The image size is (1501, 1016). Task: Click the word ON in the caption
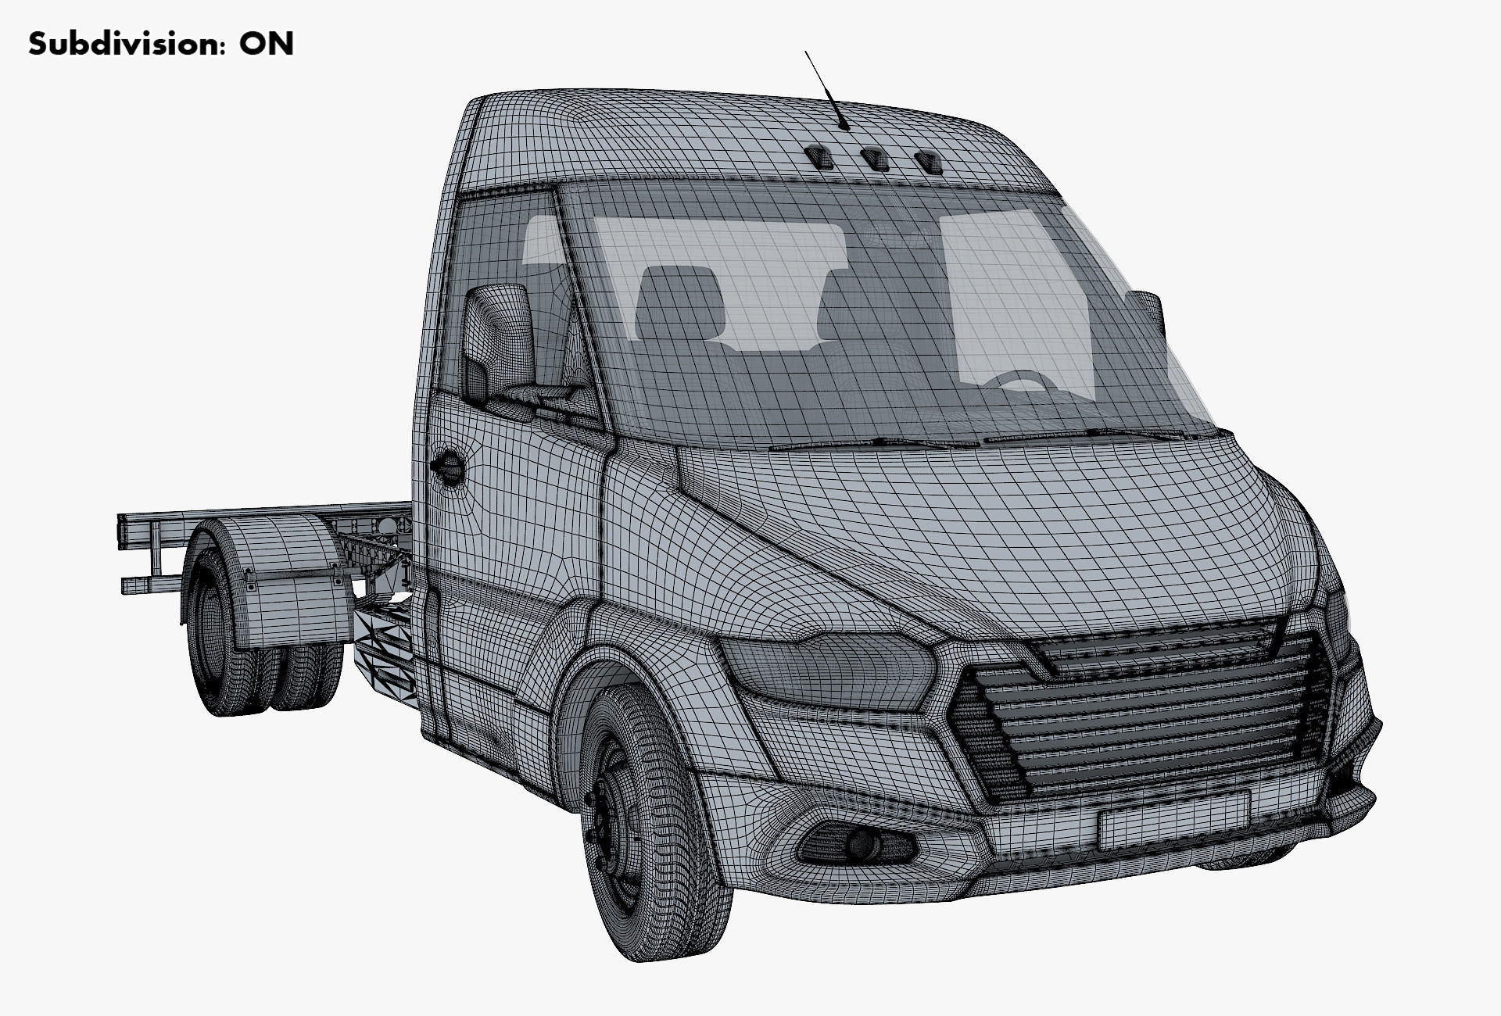[267, 44]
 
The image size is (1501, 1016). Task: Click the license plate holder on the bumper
[1173, 819]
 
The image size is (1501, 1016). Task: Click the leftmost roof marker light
[821, 156]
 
